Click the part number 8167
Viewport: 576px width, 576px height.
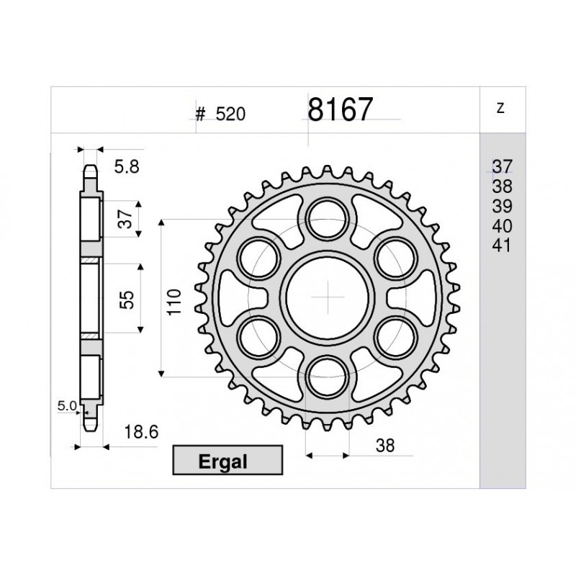[341, 110]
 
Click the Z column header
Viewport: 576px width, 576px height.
[500, 109]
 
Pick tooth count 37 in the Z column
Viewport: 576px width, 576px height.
[501, 166]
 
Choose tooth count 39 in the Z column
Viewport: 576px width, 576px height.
[501, 206]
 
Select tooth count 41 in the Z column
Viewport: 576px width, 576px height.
[501, 246]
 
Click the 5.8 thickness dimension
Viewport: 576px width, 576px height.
[126, 167]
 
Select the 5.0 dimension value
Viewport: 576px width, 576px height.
[67, 406]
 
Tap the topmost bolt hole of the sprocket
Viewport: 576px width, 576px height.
[328, 215]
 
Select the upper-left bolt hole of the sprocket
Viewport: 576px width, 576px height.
[258, 256]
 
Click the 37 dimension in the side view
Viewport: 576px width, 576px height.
[125, 218]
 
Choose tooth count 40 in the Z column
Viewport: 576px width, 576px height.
[501, 226]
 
